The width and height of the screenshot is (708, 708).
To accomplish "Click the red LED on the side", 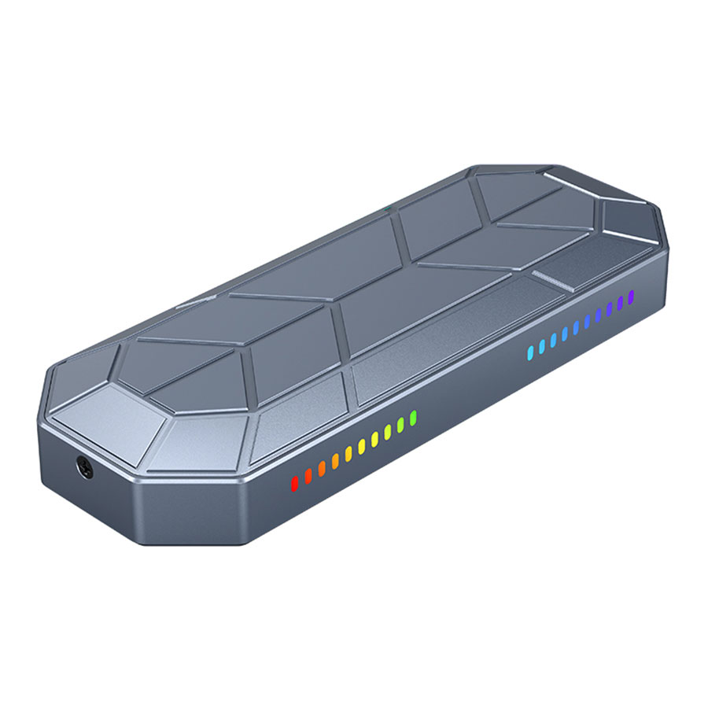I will point(295,482).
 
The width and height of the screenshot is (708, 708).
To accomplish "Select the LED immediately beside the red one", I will point(308,475).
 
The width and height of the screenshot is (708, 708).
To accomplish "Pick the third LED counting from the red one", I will point(322,467).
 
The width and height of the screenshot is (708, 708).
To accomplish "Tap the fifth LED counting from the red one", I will point(348,453).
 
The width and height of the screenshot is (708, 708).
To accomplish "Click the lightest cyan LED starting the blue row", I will point(530,351).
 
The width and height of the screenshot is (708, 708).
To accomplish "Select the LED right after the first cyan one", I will point(541,345).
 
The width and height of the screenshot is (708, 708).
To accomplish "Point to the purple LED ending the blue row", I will point(631,297).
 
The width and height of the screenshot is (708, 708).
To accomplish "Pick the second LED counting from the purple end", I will point(620,302).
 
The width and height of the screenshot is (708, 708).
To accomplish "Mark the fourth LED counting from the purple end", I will point(598,314).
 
